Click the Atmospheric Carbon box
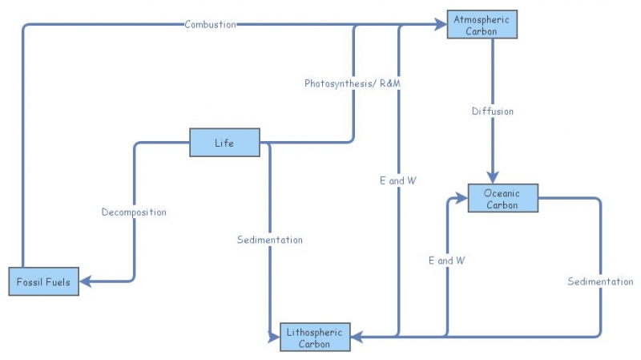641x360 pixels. [483, 25]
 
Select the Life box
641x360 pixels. [224, 143]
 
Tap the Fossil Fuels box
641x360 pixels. [44, 281]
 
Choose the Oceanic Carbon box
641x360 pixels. [502, 198]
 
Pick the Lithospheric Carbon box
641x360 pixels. [316, 338]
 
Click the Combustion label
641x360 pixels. [210, 24]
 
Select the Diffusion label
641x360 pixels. [492, 111]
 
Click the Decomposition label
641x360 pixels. [134, 212]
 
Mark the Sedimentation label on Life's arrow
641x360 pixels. [270, 239]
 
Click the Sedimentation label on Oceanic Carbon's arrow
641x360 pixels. [600, 281]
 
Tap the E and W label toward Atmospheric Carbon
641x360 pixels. [397, 180]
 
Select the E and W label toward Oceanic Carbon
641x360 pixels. [446, 261]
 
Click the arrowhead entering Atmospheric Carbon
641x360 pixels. [441, 26]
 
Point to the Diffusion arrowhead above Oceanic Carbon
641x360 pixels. [493, 177]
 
